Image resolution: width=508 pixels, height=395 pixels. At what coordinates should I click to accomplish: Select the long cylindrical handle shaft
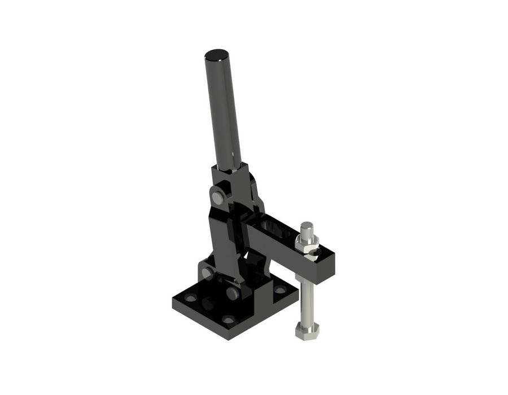click(x=224, y=113)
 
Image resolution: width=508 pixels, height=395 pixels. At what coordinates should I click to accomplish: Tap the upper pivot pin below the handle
click(x=217, y=197)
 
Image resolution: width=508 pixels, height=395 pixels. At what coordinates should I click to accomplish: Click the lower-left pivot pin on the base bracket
click(x=207, y=274)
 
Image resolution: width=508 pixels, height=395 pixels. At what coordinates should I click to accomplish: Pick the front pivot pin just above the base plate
click(x=232, y=293)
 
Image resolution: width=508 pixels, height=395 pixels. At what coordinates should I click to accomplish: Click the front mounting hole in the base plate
click(x=227, y=319)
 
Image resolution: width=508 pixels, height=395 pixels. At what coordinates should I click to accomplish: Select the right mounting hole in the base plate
click(x=280, y=289)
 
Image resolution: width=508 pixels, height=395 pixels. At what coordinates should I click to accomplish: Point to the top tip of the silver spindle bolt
click(x=306, y=226)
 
